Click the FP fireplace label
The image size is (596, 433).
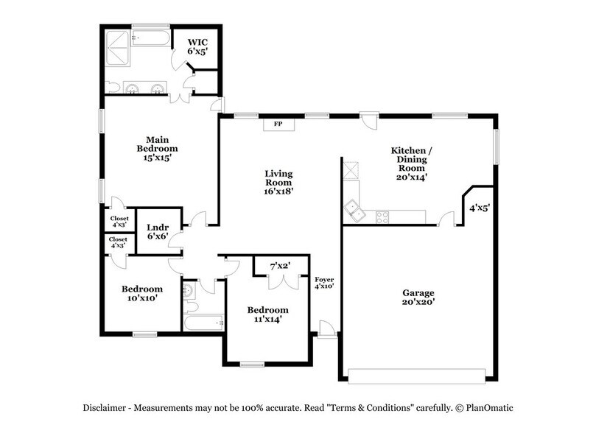279,124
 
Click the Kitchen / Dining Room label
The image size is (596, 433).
411,163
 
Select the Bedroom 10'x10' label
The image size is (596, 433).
142,294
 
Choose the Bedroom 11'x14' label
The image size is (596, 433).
267,315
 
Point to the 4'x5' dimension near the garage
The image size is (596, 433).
480,208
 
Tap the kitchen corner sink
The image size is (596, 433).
354,211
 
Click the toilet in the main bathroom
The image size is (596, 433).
111,88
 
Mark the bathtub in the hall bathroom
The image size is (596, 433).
203,323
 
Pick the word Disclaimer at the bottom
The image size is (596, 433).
105,408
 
